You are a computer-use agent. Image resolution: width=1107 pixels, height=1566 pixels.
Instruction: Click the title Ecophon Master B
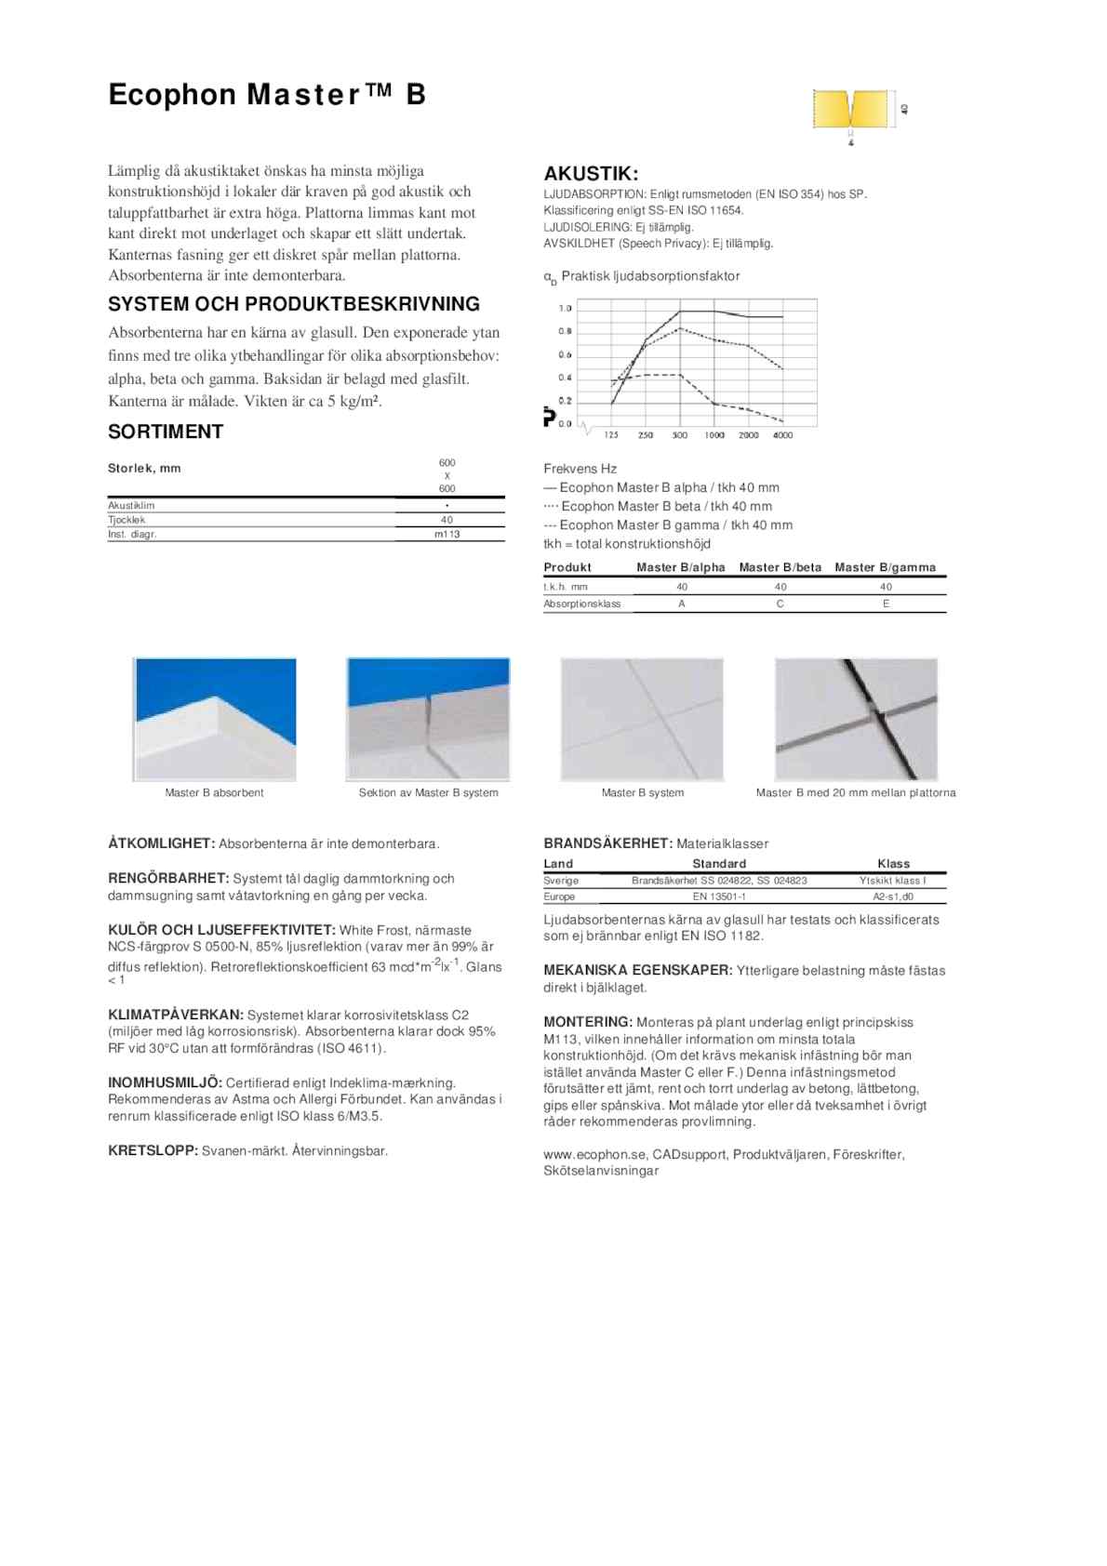coord(267,95)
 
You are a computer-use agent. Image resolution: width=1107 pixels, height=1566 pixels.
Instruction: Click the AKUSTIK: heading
coord(591,174)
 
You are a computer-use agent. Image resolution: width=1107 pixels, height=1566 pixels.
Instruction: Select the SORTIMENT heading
coord(166,431)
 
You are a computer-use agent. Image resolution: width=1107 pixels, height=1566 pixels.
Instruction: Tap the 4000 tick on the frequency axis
coord(782,435)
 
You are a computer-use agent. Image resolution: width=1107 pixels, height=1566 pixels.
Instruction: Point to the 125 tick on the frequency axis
coord(611,435)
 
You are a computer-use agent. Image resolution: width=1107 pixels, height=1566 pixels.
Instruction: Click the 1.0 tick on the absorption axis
coord(565,308)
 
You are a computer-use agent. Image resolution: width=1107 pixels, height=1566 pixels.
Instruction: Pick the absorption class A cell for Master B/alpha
coord(682,604)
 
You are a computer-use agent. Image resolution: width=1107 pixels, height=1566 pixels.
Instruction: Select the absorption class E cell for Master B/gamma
coord(886,604)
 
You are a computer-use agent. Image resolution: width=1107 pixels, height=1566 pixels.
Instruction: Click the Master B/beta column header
coord(780,567)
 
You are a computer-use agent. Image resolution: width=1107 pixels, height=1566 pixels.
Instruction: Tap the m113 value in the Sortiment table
coord(447,535)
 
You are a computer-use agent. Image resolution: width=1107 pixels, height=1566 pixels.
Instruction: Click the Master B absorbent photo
coord(215,719)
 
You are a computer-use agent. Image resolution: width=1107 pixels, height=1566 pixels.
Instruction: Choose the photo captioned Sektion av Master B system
coord(428,719)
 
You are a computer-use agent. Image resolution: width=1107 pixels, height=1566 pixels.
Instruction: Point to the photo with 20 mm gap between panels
coord(856,719)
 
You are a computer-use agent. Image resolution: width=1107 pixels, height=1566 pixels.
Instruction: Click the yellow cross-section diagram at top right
coord(850,111)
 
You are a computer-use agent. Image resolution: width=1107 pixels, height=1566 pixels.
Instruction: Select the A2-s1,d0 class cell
coord(893,896)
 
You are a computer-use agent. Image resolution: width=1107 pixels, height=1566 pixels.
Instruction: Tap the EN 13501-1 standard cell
coord(719,896)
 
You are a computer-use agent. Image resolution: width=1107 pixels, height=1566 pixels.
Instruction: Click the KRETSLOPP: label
coord(153,1150)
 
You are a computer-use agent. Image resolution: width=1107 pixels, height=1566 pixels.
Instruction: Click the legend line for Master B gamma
coord(668,524)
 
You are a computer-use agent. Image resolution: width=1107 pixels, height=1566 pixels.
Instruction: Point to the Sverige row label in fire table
coord(561,880)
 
